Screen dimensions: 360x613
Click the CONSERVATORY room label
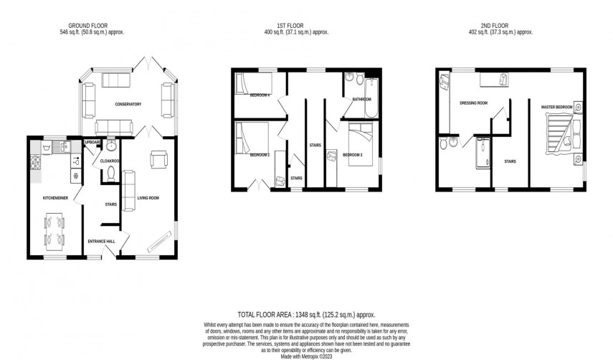click(128, 105)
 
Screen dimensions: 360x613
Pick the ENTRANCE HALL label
click(101, 242)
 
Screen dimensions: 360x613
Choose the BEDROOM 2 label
click(260, 155)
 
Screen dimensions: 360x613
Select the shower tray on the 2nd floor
click(481, 152)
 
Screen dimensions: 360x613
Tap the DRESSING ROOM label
click(473, 103)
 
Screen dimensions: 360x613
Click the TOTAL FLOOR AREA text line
click(306, 315)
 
